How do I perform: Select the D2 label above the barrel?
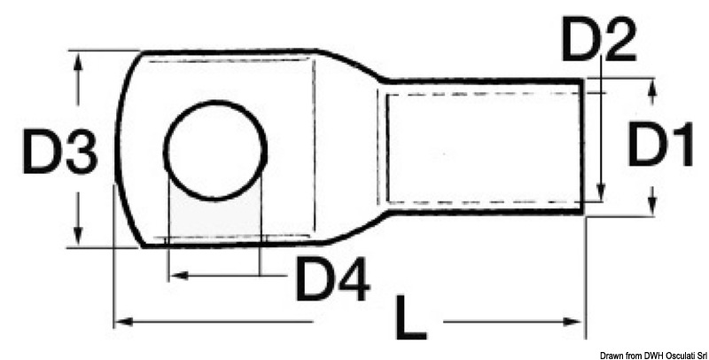[599, 39]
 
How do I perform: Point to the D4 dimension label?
[331, 280]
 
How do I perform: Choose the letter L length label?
[409, 320]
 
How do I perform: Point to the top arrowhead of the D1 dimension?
[653, 90]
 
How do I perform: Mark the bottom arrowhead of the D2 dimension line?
[600, 190]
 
